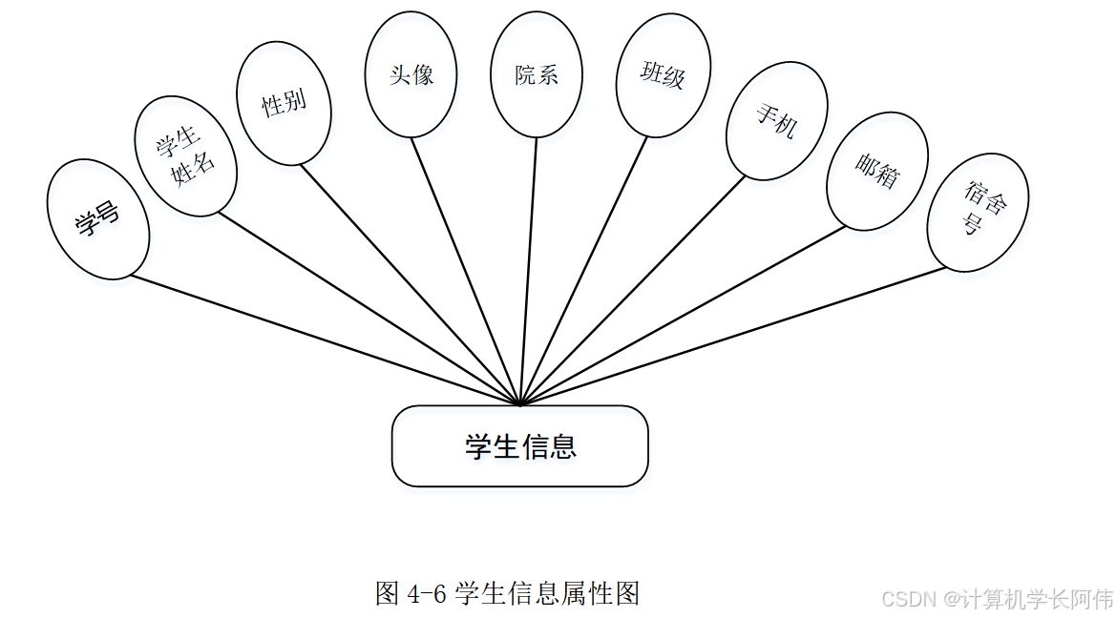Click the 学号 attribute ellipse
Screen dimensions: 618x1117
pyautogui.click(x=98, y=219)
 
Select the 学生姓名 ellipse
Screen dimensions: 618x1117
pyautogui.click(x=186, y=156)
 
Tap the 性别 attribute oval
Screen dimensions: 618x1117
pyautogui.click(x=284, y=103)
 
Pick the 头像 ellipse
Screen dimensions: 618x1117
pyautogui.click(x=411, y=74)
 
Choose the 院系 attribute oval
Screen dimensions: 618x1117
pyautogui.click(x=536, y=74)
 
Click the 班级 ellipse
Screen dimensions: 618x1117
pyautogui.click(x=663, y=74)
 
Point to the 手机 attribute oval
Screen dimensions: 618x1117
pyautogui.click(x=774, y=122)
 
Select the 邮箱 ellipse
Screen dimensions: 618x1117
pyautogui.click(x=876, y=172)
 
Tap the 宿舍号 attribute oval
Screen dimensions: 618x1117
pyautogui.click(x=977, y=212)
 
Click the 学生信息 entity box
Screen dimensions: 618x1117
pyautogui.click(x=519, y=446)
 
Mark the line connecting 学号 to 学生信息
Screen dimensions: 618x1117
pyautogui.click(x=325, y=340)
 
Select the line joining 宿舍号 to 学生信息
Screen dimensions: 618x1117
pyautogui.click(x=735, y=336)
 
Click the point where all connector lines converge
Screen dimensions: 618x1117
pyautogui.click(x=518, y=404)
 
